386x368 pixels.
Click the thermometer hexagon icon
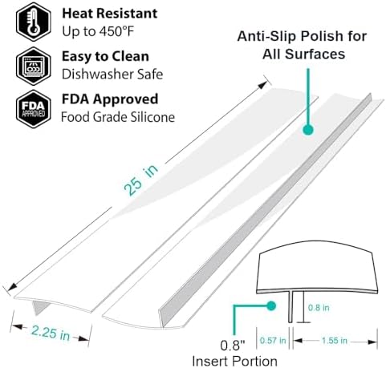[34, 22]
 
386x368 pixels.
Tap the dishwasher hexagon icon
[34, 66]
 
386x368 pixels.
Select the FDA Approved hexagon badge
[34, 109]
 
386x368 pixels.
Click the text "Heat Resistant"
[110, 14]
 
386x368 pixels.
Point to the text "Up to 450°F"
[98, 31]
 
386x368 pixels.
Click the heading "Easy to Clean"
[105, 57]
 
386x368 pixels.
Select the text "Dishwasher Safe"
[112, 75]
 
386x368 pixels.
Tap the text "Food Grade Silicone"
[118, 117]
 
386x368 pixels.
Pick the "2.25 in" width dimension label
[51, 333]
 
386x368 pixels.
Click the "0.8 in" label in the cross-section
[319, 308]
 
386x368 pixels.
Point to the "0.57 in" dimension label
[273, 341]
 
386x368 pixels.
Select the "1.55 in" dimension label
[335, 341]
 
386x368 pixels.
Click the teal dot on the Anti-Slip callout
[308, 130]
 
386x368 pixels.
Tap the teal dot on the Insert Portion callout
[271, 306]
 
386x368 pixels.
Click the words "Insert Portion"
[234, 362]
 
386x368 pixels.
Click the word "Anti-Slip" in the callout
[271, 36]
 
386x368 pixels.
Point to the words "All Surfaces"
[303, 55]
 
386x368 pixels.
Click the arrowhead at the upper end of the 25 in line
[262, 86]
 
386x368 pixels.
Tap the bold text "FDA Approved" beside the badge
[110, 99]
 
